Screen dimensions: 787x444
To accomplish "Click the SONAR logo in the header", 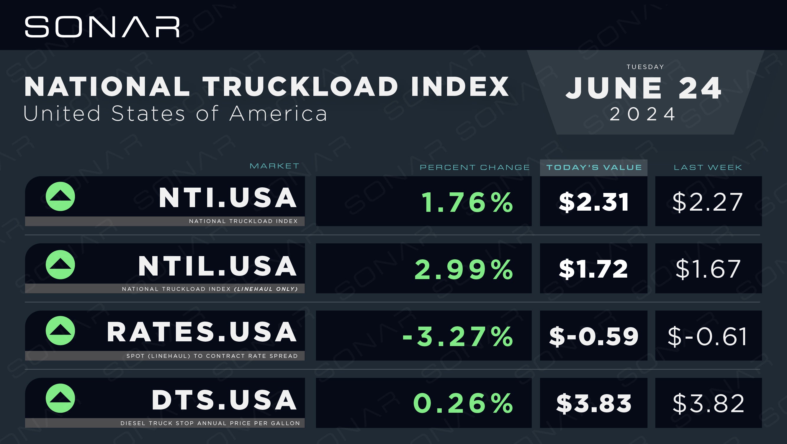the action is click(102, 27).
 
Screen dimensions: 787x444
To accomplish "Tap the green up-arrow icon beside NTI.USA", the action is click(60, 196).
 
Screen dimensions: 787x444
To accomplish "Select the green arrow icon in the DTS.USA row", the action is click(60, 398).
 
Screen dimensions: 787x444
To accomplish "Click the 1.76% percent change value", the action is click(467, 202).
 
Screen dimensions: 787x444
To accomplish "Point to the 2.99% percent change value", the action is click(464, 269).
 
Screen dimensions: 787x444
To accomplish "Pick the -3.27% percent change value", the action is click(458, 337).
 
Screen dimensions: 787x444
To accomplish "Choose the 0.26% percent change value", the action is click(463, 403).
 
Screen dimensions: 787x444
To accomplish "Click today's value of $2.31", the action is click(594, 202).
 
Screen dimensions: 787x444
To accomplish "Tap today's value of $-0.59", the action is click(594, 336).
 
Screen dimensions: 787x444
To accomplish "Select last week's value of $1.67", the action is click(708, 269).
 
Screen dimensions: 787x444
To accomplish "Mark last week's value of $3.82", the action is click(709, 403).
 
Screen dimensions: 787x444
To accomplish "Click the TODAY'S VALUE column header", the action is click(594, 167).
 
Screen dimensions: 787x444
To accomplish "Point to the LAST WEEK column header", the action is click(708, 167).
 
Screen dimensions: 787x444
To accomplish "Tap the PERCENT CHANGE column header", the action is click(475, 167).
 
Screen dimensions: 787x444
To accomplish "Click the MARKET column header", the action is click(274, 166).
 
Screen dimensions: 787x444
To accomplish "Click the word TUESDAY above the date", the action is click(645, 67).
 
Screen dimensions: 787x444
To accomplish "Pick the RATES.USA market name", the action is click(202, 332).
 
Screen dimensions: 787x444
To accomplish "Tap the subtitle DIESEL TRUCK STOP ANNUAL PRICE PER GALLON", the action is click(210, 423).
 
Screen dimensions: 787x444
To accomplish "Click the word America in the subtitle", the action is click(278, 113).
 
